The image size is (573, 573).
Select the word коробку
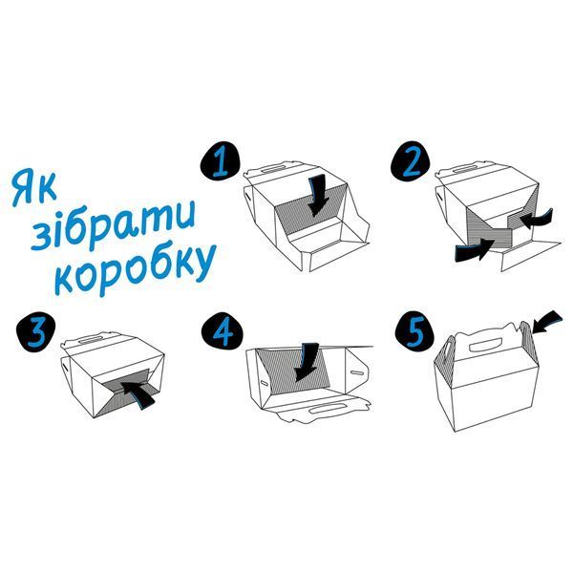click(136, 267)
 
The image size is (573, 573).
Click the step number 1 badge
click(222, 161)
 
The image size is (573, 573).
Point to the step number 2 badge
click(411, 161)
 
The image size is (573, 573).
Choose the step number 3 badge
click(37, 331)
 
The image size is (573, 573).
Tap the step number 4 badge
click(223, 331)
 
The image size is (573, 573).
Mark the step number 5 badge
click(415, 331)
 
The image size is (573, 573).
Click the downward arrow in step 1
click(317, 195)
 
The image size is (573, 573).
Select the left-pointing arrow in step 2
click(537, 219)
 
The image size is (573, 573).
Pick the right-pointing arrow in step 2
click(475, 250)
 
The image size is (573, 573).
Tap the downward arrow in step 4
click(307, 362)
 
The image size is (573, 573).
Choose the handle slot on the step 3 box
click(90, 340)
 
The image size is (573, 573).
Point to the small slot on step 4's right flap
click(357, 373)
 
